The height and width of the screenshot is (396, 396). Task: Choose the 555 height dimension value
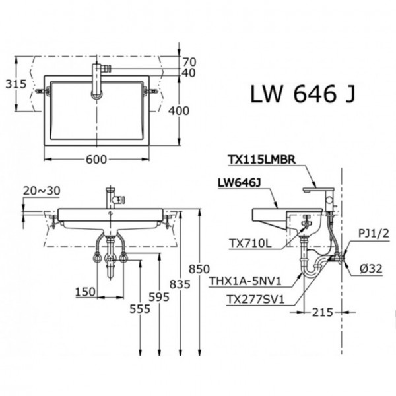[139, 309]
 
